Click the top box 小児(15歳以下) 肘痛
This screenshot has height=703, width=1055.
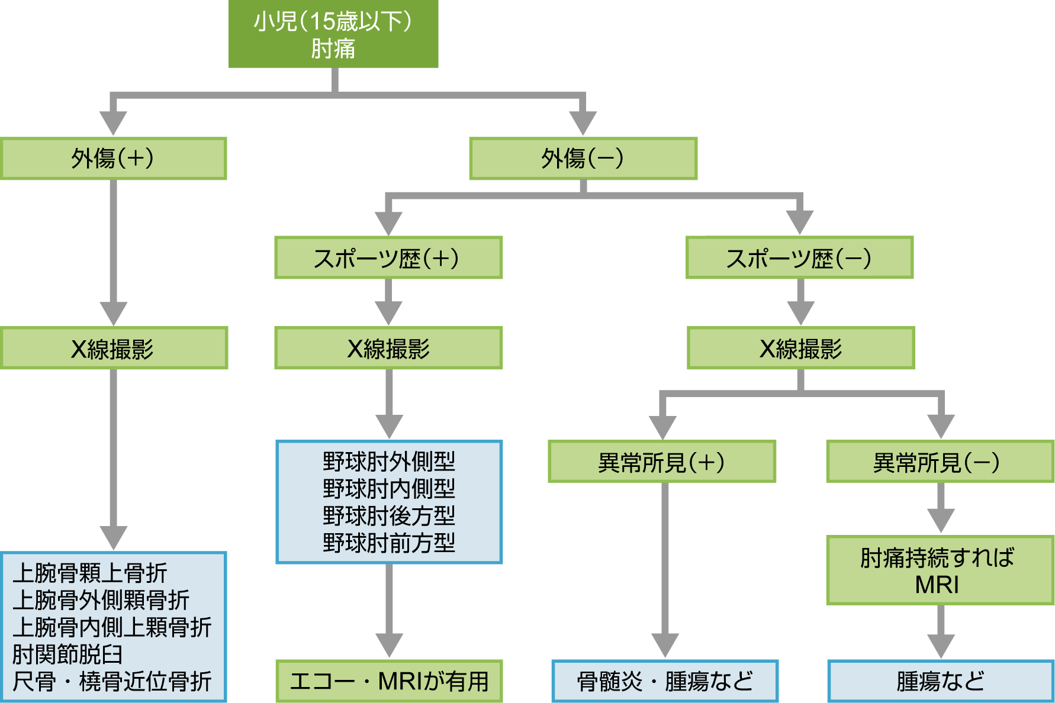333,34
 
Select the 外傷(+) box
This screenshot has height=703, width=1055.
113,159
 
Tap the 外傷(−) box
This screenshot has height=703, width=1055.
583,159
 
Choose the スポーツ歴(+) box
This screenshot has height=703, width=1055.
388,258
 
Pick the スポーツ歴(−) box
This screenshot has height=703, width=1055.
799,258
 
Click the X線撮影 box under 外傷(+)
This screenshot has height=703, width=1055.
114,349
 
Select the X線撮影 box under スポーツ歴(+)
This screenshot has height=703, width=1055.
388,349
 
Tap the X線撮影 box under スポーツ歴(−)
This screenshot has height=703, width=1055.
800,349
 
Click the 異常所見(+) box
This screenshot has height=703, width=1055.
662,462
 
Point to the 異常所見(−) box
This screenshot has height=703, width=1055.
940,462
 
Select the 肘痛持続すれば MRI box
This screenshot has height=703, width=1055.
940,570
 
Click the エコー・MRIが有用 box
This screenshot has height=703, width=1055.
389,681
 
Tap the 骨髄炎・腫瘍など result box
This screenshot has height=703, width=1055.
665,681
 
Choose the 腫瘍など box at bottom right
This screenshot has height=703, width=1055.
940,681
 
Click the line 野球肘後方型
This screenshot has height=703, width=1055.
389,516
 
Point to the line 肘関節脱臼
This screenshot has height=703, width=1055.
67,654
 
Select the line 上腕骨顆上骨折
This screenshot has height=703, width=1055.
90,573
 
